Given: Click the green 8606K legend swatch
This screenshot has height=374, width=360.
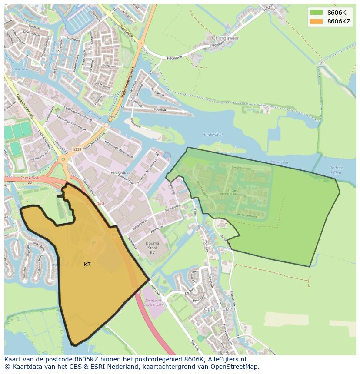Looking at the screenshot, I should click(x=316, y=13).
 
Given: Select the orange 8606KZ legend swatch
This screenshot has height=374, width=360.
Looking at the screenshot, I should click(x=316, y=21).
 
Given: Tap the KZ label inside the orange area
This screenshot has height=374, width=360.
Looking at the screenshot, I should click(x=87, y=264).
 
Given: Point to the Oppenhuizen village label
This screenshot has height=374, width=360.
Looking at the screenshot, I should click(x=219, y=309).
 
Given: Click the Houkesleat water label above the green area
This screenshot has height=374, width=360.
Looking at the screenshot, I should click(x=213, y=135).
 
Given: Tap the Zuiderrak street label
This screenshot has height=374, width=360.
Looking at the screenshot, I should click(x=160, y=110).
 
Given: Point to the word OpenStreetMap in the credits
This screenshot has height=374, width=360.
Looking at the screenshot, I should click(x=235, y=367).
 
